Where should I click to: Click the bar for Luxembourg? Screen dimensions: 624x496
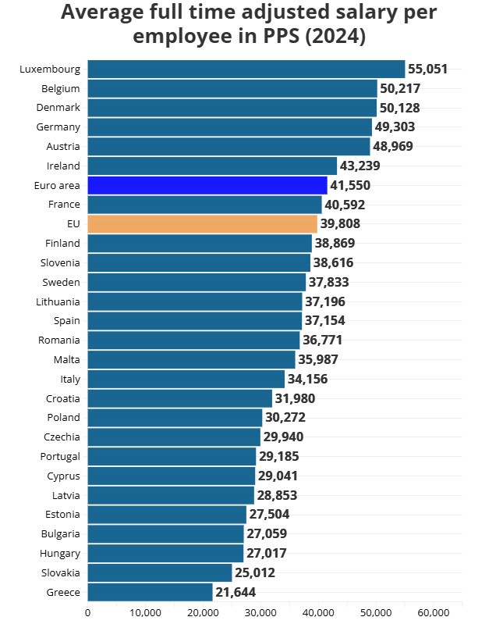click(x=246, y=69)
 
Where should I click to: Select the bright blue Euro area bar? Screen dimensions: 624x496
click(x=207, y=185)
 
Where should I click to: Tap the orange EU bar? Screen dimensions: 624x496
click(x=202, y=224)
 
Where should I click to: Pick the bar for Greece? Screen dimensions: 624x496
click(x=150, y=592)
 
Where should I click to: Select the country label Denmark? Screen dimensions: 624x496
click(x=58, y=107)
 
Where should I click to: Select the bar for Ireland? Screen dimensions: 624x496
click(x=212, y=166)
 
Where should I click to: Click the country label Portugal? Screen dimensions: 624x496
click(x=60, y=456)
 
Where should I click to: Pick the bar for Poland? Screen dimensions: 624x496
click(x=175, y=418)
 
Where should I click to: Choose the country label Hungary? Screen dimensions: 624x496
click(x=59, y=553)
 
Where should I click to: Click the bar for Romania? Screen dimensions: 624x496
click(x=193, y=340)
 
